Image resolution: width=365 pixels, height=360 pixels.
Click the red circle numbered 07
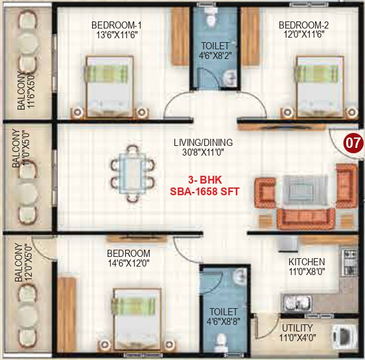click(x=352, y=143)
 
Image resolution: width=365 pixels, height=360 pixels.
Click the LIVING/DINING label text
click(x=203, y=143)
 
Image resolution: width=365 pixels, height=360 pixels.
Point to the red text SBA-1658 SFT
click(x=203, y=192)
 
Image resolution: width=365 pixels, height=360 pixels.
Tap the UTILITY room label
click(x=298, y=328)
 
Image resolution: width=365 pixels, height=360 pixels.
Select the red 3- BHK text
click(x=203, y=180)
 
